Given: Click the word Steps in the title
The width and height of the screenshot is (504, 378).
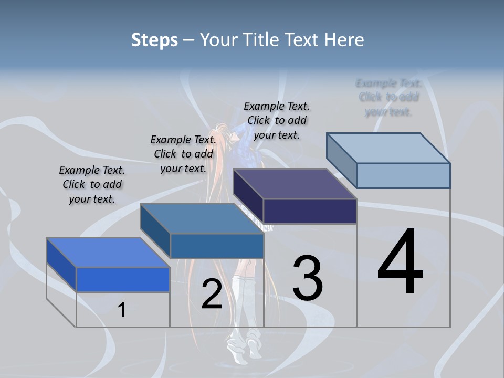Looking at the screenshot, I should (154, 40).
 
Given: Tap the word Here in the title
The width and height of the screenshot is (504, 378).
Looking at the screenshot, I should (344, 40).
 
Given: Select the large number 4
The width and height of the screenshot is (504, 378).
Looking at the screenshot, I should (400, 262).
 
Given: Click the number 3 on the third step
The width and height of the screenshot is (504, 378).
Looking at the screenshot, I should (308, 278).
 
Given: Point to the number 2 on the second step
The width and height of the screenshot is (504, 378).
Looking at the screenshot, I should (212, 295).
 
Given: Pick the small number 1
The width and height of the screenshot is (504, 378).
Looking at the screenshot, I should (121, 310).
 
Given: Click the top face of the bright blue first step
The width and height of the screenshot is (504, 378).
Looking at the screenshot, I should (108, 253).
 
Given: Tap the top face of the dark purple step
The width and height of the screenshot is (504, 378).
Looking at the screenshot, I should (295, 184).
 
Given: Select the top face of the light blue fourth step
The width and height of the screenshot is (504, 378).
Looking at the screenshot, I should (388, 148).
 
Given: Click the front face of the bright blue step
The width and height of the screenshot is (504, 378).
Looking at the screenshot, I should (123, 279).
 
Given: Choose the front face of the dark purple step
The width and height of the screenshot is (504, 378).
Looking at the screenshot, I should (310, 211).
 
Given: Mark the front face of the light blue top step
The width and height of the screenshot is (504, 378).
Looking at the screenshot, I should (403, 175).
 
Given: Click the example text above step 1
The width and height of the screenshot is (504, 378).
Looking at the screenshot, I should (92, 185).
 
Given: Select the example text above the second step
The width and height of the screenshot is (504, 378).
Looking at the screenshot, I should (183, 154).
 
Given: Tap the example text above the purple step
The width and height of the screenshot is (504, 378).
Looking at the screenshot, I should (277, 120).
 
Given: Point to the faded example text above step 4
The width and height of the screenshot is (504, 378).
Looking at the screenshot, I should (388, 97).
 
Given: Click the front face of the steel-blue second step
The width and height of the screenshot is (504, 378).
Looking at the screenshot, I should (217, 246).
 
